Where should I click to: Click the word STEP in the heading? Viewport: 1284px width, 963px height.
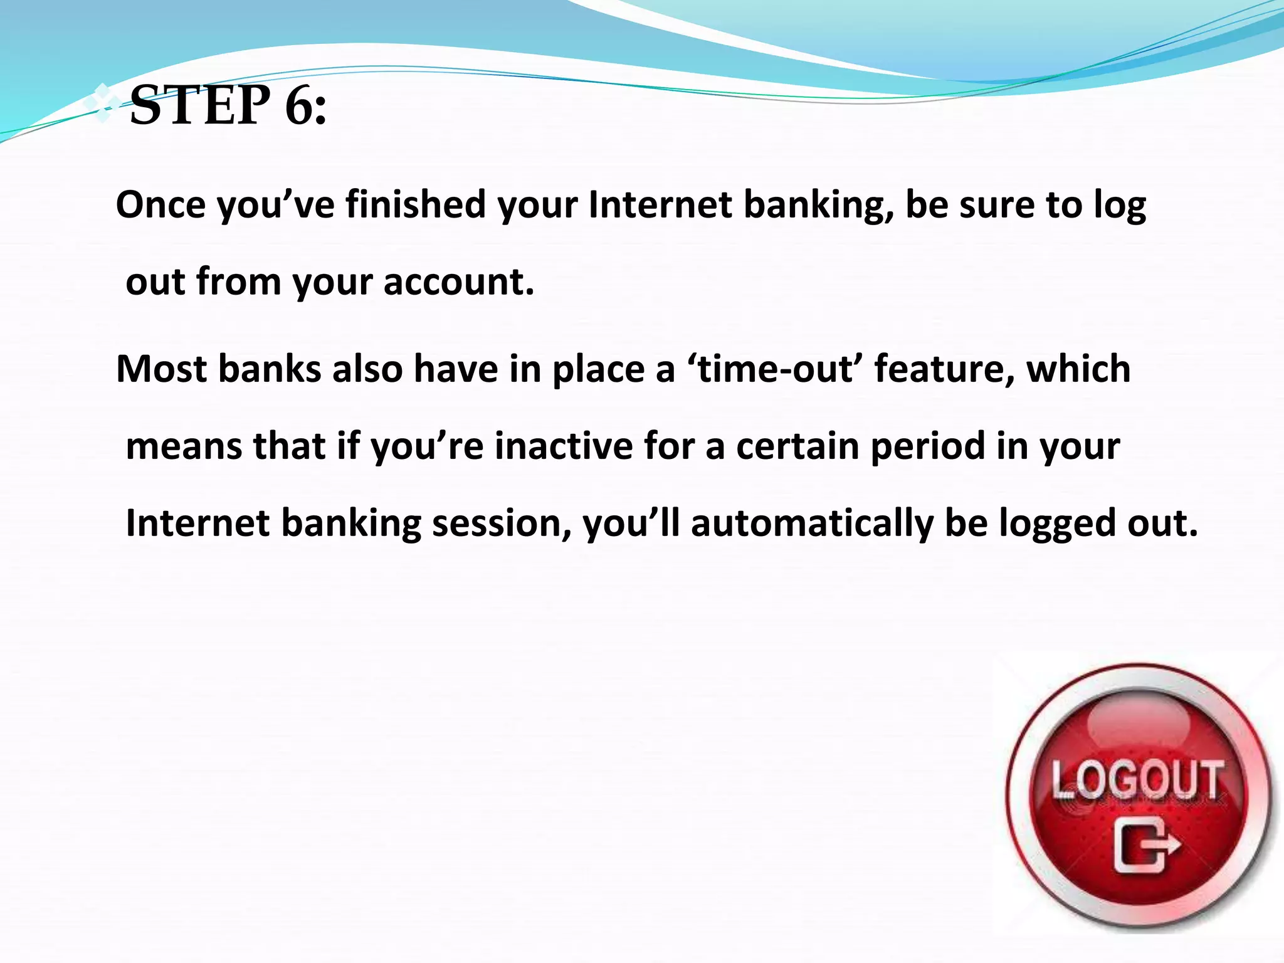tap(200, 105)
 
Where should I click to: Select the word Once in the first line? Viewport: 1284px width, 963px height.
tap(160, 205)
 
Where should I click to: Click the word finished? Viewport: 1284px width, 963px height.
tap(416, 205)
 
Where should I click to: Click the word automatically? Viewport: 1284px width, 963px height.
tap(812, 524)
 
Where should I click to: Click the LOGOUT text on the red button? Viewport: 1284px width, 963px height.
tap(1137, 780)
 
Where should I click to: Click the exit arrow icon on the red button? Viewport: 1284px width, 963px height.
tap(1146, 846)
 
